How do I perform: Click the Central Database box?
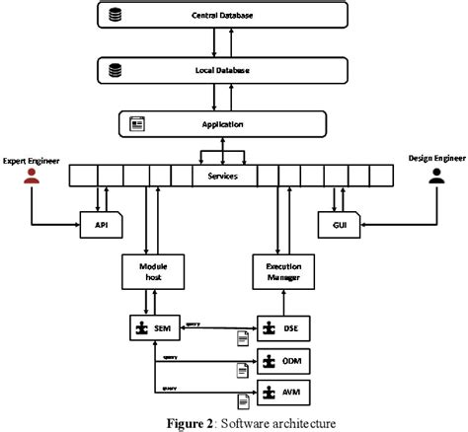point(224,17)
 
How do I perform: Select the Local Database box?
point(224,71)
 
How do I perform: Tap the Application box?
point(224,124)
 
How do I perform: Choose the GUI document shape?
point(337,225)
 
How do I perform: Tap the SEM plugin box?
point(152,324)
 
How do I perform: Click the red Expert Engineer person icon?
point(31,177)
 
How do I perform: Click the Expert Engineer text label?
point(32,158)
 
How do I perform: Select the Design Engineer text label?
point(433,158)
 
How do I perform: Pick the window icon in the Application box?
point(135,124)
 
